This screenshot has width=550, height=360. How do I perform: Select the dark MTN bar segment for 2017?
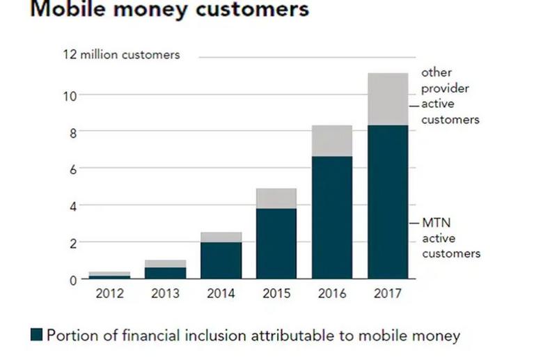388,202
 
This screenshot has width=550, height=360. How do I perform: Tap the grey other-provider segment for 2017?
388,99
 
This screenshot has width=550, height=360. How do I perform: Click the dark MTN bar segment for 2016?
332,217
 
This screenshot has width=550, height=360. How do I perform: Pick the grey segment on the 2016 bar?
332,141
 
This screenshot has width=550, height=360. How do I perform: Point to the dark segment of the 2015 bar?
276,244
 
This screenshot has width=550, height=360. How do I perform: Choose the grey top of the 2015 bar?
276,198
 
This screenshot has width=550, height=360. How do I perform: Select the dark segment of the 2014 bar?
221,260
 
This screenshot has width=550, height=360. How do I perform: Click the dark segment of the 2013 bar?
166,273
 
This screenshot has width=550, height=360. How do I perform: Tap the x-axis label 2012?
110,294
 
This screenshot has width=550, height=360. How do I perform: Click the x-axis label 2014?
221,294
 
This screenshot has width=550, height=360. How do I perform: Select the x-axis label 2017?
388,294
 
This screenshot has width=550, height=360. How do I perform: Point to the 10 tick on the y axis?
72,95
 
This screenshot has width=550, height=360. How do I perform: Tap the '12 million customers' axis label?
123,55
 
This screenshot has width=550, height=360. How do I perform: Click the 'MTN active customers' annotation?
450,238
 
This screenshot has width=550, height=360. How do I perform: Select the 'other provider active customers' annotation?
450,95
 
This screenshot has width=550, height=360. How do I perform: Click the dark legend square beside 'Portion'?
37,336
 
